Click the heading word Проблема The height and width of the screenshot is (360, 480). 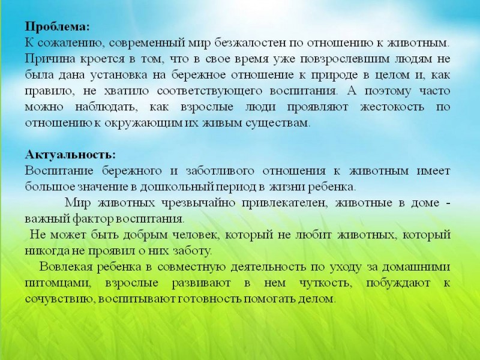click(x=57, y=26)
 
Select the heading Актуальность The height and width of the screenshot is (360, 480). click(x=70, y=154)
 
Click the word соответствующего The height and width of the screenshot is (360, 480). click(x=209, y=91)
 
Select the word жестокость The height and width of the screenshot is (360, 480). click(x=392, y=107)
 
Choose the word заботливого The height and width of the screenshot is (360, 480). click(x=220, y=170)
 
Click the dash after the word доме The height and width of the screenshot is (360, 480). click(x=448, y=203)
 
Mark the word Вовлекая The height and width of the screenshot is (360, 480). click(x=66, y=266)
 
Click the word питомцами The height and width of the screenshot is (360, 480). click(x=58, y=283)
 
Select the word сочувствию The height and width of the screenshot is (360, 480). click(x=59, y=298)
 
